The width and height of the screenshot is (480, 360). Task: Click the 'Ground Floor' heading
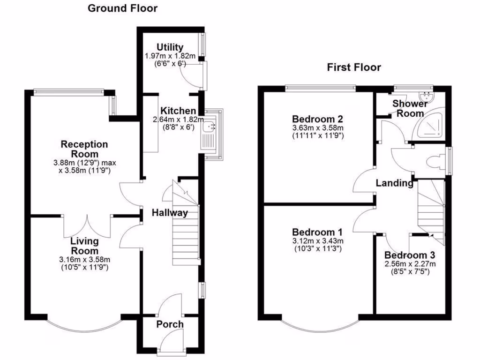point(123,8)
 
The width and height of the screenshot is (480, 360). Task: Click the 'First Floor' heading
point(354,67)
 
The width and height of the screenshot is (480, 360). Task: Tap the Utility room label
point(170,47)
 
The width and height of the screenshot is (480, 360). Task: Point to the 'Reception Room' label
point(84,149)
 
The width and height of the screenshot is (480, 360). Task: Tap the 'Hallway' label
point(170,213)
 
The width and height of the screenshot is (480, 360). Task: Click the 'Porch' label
point(170,324)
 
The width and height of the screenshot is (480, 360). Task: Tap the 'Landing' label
point(395,183)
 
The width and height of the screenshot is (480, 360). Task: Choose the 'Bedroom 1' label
point(317,232)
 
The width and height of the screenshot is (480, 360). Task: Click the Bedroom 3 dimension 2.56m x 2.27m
point(410,264)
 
